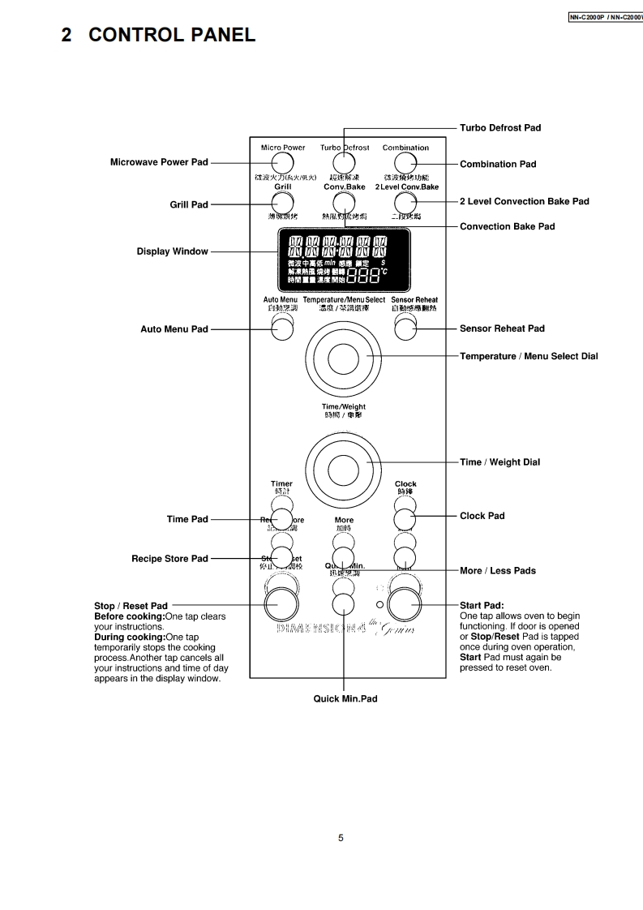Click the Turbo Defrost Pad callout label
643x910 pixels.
(499, 128)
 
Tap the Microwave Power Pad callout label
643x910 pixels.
(159, 162)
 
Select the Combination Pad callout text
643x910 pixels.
(498, 165)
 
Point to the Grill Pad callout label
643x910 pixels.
(188, 205)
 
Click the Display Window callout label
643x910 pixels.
(172, 251)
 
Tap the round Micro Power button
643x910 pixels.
(283, 163)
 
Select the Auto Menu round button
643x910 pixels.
(282, 328)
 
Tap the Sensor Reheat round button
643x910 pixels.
(405, 328)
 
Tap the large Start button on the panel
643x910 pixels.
(405, 605)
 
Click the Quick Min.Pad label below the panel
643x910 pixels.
(345, 698)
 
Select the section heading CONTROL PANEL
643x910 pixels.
(158, 35)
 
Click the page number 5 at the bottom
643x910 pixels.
(341, 838)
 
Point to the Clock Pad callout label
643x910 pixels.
(482, 516)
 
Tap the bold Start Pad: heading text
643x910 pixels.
(482, 606)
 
